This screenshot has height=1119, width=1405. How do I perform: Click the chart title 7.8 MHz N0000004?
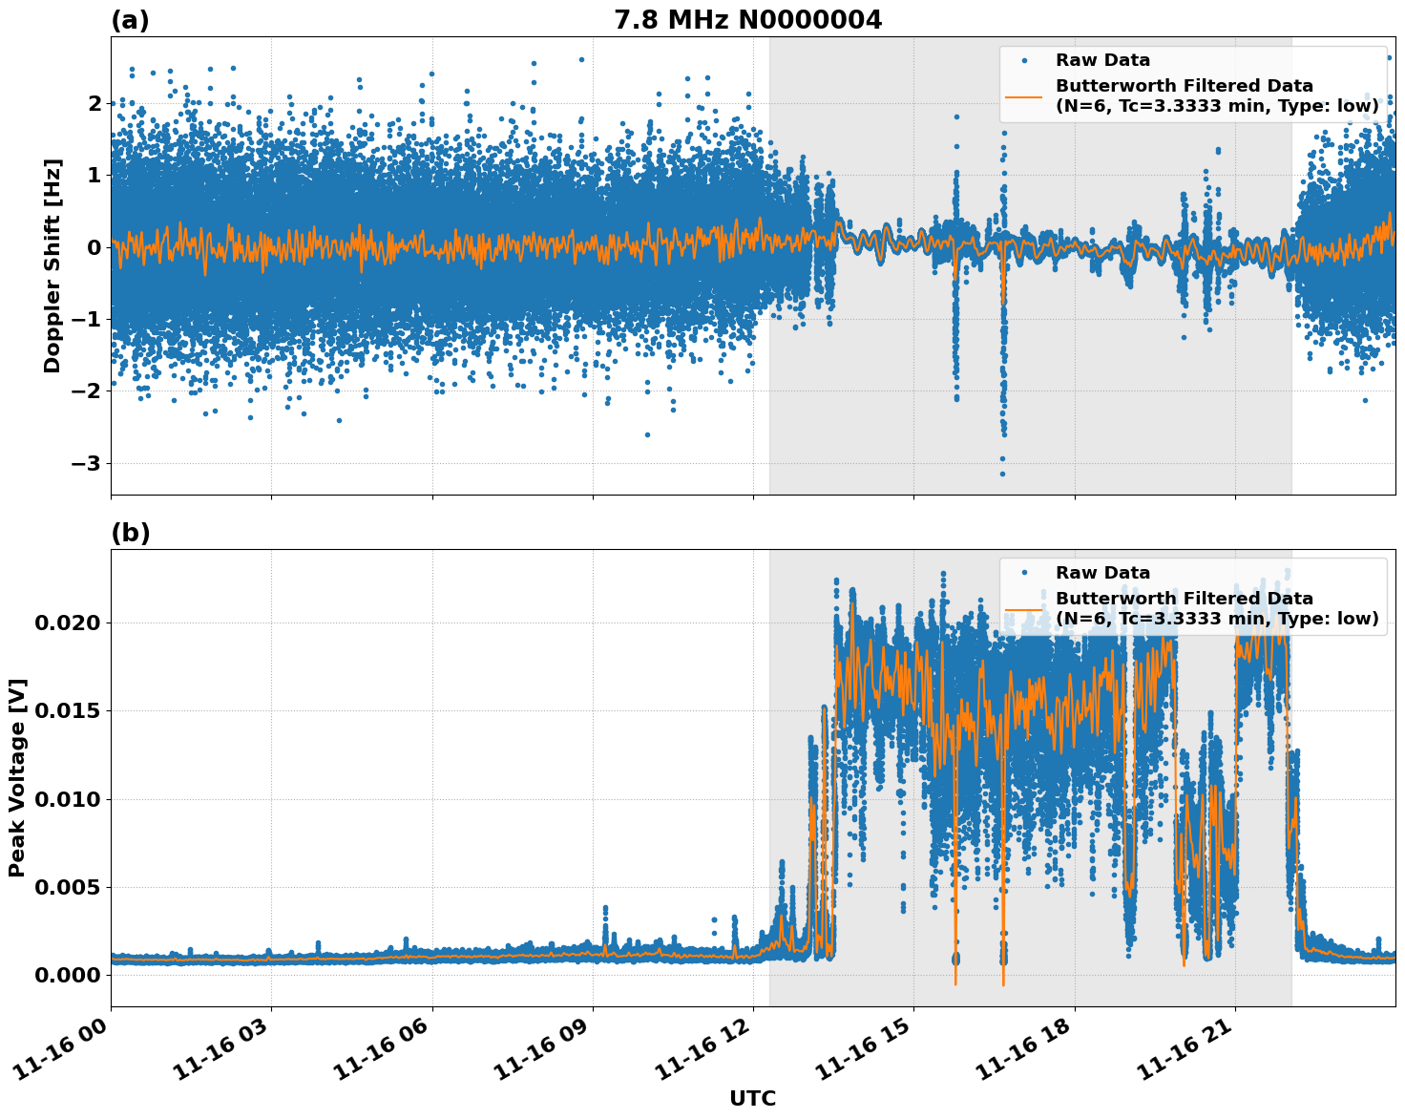pos(747,20)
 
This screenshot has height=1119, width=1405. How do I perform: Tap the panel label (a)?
pos(130,20)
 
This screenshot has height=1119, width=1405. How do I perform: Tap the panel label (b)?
pos(130,533)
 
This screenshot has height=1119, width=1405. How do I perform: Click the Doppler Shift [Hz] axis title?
pos(52,265)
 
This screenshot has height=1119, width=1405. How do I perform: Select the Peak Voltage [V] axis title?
pos(17,777)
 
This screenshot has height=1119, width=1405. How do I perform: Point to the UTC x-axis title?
pos(752,1098)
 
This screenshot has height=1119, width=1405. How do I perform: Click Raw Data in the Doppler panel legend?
pos(1102,60)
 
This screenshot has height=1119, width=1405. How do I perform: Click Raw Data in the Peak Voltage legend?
pos(1102,573)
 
